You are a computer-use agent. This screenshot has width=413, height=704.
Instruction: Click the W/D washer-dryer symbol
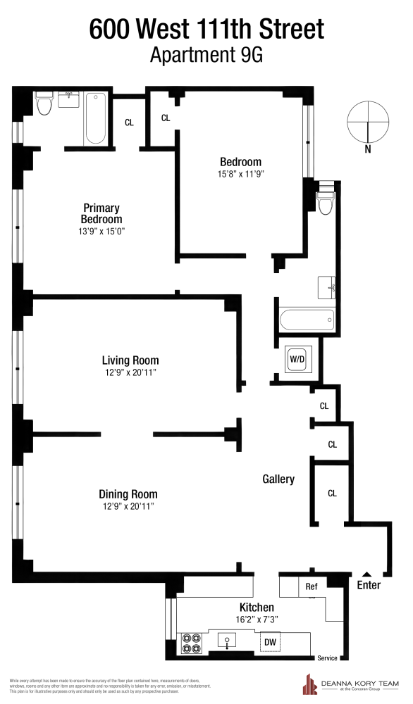(296, 359)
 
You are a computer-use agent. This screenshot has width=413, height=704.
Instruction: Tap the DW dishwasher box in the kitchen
(269, 642)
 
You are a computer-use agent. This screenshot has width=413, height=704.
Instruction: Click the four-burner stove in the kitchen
(192, 642)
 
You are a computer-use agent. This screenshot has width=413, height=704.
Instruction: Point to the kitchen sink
(227, 641)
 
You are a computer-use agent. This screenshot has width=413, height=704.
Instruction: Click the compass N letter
(368, 149)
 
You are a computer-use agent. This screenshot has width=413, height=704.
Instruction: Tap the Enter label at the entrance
(369, 585)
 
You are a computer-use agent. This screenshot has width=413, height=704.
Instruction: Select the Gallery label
(278, 479)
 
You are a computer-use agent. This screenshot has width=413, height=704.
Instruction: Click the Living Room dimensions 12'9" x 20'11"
(130, 372)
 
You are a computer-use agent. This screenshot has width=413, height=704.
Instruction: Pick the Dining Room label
(128, 494)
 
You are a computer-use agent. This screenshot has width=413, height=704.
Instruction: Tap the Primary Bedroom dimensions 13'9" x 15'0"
(101, 231)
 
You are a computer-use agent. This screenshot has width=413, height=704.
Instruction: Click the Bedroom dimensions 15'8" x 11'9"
(240, 173)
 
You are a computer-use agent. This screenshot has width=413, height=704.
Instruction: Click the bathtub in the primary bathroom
(96, 118)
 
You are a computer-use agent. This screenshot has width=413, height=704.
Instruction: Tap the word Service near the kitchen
(327, 658)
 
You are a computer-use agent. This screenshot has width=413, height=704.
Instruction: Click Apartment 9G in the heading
(206, 56)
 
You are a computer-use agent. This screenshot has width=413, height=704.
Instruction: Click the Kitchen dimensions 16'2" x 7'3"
(257, 620)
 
